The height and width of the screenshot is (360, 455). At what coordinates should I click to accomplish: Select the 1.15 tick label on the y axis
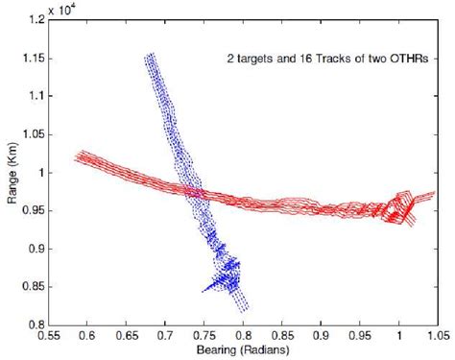click(x=33, y=59)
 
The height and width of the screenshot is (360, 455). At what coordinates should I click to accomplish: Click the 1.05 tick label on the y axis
click(x=33, y=134)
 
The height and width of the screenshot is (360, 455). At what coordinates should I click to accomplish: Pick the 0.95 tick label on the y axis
click(x=33, y=210)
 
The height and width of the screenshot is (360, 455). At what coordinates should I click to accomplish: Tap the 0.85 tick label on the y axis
click(x=33, y=286)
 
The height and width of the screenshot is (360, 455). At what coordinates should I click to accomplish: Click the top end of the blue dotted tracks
click(x=150, y=57)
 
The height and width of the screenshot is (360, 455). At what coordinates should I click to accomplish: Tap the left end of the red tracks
click(x=78, y=156)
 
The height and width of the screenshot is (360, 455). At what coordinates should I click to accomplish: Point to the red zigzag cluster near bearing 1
click(x=397, y=208)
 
